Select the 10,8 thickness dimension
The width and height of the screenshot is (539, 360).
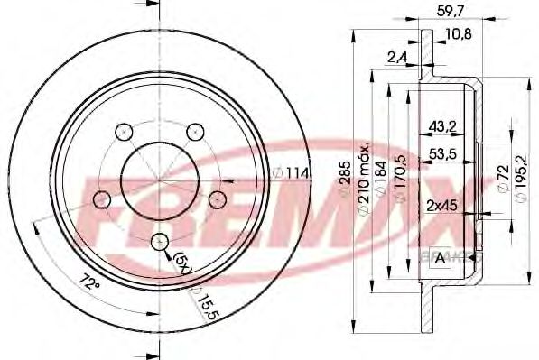[x=460, y=34]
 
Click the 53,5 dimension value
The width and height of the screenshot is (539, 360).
[x=441, y=155]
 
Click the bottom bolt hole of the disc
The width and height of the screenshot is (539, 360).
[x=159, y=242]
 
